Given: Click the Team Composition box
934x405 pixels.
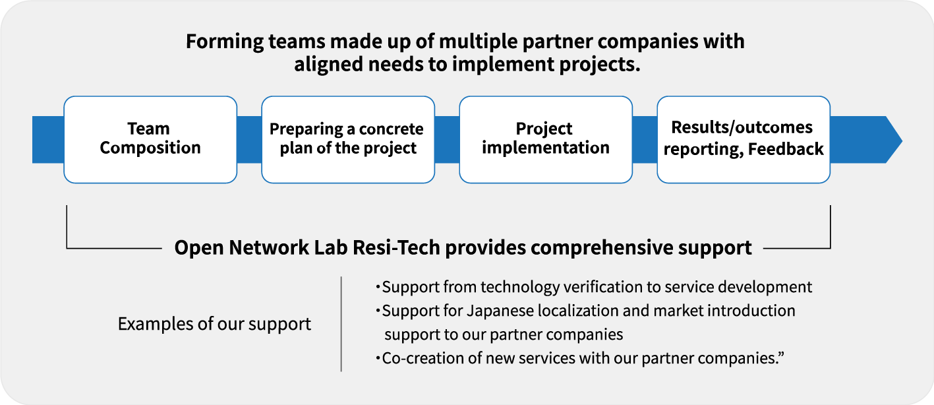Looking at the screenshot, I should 150,139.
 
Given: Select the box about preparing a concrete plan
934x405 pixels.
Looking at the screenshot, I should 348,139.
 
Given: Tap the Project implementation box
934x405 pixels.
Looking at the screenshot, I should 546,139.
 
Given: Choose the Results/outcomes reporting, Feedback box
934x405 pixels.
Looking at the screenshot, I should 744,139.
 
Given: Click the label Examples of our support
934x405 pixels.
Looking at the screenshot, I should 214,324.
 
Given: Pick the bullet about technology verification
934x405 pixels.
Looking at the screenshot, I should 593,287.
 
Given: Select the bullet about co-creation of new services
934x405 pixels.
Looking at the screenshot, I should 577,359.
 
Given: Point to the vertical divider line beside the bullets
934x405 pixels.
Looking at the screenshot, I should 341,323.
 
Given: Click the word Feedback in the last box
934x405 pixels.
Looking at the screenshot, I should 786,150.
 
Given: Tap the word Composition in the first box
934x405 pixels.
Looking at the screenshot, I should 150,148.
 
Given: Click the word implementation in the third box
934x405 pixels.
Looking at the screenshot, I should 546,148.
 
